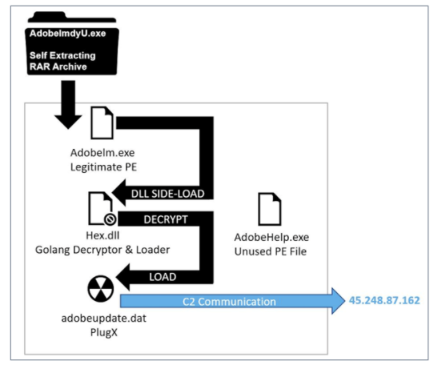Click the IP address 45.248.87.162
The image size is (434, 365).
384,300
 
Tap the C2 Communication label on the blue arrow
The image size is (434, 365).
229,301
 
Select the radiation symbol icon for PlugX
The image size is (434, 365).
101,288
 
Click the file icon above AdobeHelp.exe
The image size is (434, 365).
270,209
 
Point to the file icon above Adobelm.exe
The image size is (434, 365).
102,122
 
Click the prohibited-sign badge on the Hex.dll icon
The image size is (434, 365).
110,219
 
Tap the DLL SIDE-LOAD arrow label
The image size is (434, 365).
167,194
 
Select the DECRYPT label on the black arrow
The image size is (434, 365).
166,219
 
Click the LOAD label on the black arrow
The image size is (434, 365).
163,277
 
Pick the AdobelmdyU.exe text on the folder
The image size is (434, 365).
67,33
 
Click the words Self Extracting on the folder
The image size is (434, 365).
62,55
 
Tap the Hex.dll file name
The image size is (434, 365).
102,235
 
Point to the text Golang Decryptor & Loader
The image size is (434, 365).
102,250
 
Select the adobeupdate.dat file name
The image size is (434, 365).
104,319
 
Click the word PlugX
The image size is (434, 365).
104,332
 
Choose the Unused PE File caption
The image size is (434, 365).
271,251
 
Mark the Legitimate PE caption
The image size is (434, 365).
103,166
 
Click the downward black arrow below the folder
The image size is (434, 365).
68,105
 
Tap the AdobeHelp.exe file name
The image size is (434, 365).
271,237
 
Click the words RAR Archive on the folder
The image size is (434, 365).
58,66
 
